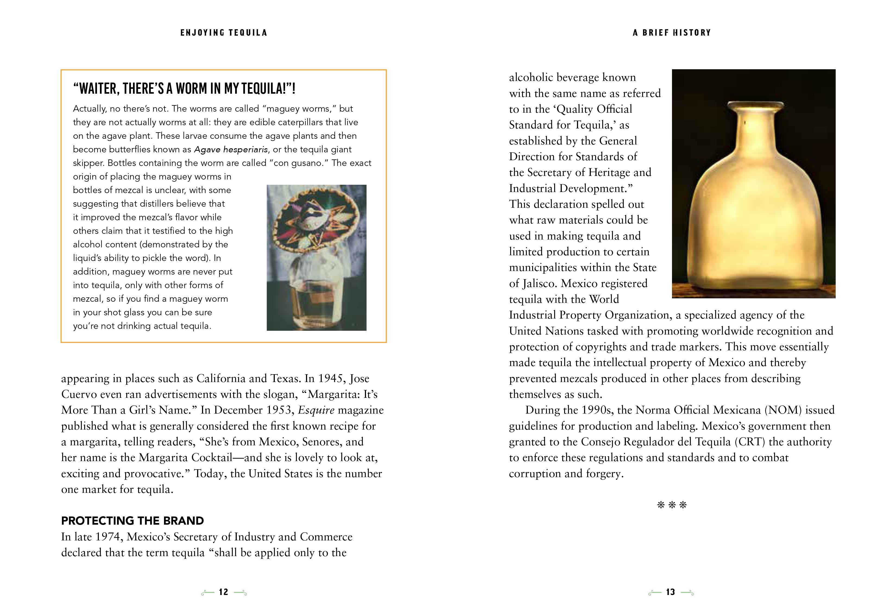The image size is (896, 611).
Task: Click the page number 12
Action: point(224,592)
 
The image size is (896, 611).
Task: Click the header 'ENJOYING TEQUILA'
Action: point(224,33)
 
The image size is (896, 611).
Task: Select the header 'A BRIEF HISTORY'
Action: point(672,33)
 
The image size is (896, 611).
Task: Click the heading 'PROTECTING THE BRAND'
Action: point(132,521)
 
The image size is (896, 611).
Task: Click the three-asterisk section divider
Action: point(672,505)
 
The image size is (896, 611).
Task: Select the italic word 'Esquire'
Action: point(316,410)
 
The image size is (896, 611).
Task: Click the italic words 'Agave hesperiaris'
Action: point(230,150)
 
